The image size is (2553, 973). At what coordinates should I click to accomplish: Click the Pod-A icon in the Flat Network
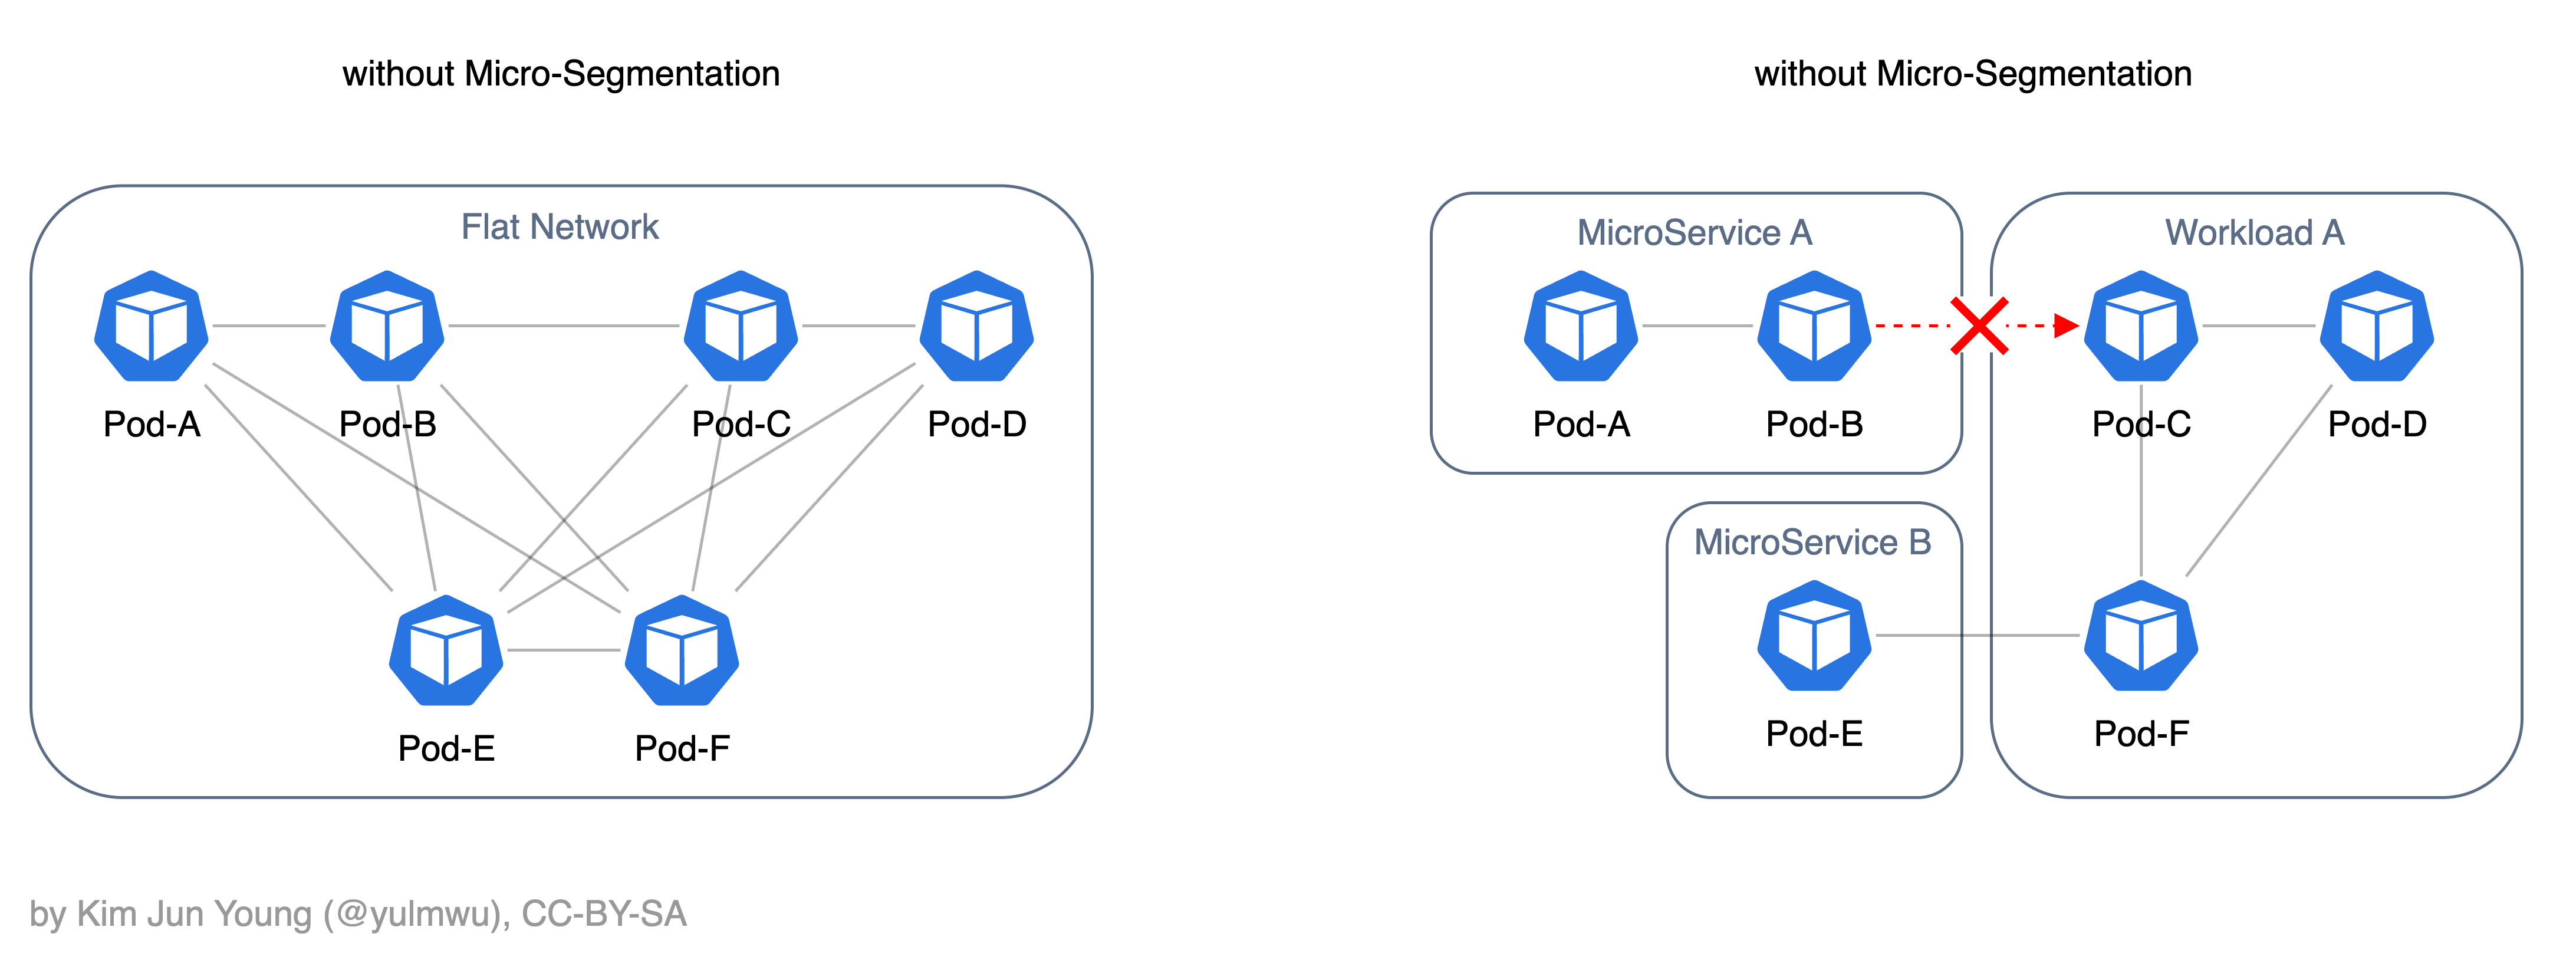[x=152, y=326]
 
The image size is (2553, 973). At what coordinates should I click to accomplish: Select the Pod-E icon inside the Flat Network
[x=446, y=650]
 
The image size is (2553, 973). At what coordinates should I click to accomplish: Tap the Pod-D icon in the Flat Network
[x=977, y=326]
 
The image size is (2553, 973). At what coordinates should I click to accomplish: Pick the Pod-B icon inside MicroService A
[x=1815, y=326]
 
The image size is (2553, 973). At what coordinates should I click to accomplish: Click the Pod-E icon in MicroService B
[x=1815, y=635]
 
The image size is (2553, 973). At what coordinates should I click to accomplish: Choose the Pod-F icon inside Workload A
[x=2141, y=635]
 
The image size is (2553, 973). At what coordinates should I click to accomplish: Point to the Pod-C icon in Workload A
[x=2141, y=326]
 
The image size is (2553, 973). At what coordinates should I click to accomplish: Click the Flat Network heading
[x=560, y=227]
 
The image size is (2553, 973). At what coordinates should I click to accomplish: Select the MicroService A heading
[x=1695, y=233]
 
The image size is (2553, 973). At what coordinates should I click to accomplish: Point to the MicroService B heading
[x=1812, y=542]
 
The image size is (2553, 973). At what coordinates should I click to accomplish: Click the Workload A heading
[x=2255, y=233]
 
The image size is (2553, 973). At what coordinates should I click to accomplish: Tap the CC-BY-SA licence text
[x=604, y=913]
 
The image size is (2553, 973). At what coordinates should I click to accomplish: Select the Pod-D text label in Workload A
[x=2377, y=424]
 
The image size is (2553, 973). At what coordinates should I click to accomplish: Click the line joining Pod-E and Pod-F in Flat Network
[x=564, y=650]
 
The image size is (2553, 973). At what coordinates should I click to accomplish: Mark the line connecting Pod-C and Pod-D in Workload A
[x=2259, y=325]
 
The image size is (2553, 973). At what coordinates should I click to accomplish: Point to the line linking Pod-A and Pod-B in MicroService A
[x=1697, y=325]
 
